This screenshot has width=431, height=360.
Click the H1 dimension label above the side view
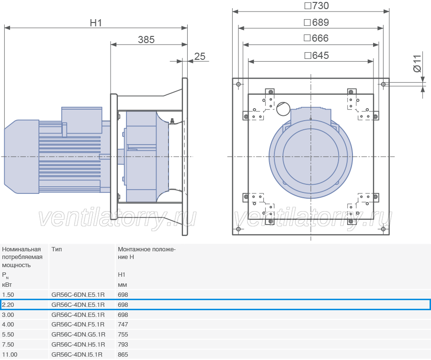pyautogui.click(x=96, y=23)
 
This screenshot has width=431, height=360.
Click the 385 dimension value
pyautogui.click(x=146, y=40)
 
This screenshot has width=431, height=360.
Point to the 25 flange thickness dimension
pyautogui.click(x=200, y=56)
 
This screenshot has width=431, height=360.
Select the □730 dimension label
pyautogui.click(x=317, y=6)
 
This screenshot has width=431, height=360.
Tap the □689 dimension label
pyautogui.click(x=317, y=22)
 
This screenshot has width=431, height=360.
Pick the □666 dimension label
pyautogui.click(x=316, y=38)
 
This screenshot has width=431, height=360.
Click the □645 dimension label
pyautogui.click(x=317, y=56)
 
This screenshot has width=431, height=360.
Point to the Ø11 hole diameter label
pyautogui.click(x=417, y=63)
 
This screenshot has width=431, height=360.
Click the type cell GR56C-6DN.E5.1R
pyautogui.click(x=78, y=294)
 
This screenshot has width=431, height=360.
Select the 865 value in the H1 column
pyautogui.click(x=123, y=355)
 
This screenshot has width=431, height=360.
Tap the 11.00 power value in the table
pyautogui.click(x=10, y=355)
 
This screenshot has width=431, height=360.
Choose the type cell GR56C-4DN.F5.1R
pyautogui.click(x=78, y=325)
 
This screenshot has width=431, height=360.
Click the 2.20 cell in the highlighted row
pyautogui.click(x=8, y=305)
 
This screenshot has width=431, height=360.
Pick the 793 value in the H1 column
pyautogui.click(x=123, y=345)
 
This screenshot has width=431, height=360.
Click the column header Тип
pyautogui.click(x=57, y=249)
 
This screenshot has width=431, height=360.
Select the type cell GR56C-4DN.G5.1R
pyautogui.click(x=79, y=335)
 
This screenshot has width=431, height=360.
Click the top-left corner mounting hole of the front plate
pyautogui.click(x=238, y=84)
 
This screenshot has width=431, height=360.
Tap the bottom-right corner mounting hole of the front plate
pyautogui.click(x=384, y=229)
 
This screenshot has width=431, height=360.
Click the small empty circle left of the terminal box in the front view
pyautogui.click(x=283, y=109)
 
